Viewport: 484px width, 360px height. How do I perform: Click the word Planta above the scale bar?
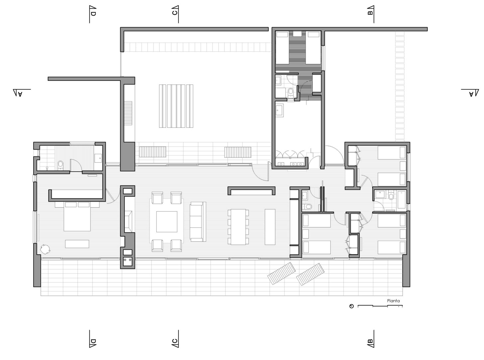pyautogui.click(x=393, y=301)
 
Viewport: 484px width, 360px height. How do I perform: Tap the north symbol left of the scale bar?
pyautogui.click(x=351, y=306)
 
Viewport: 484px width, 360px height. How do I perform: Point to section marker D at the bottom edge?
pyautogui.click(x=93, y=341)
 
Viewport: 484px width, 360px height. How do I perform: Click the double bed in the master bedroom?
pyautogui.click(x=77, y=217)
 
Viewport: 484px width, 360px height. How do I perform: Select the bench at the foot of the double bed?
pyautogui.click(x=77, y=244)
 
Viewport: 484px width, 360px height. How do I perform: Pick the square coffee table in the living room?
pyautogui.click(x=167, y=222)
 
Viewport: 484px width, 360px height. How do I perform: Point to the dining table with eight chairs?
pyautogui.click(x=238, y=227)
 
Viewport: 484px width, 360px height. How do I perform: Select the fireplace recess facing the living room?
pyautogui.click(x=127, y=221)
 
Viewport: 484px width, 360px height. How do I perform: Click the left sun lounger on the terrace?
pyautogui.click(x=282, y=273)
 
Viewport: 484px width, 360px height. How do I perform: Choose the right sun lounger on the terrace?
pyautogui.click(x=310, y=274)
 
